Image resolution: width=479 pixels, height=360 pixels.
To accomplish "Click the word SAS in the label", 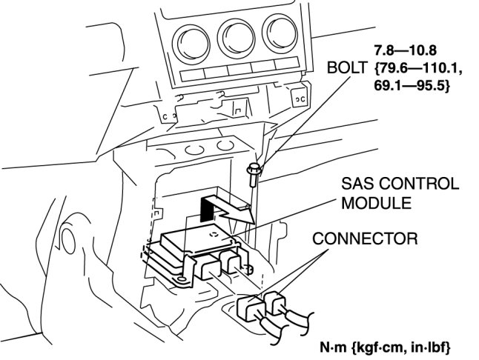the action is click(358, 184).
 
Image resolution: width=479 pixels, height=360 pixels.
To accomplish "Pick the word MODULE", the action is click(371, 201).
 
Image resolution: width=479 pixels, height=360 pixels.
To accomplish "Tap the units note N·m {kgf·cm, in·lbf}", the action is click(384, 346).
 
